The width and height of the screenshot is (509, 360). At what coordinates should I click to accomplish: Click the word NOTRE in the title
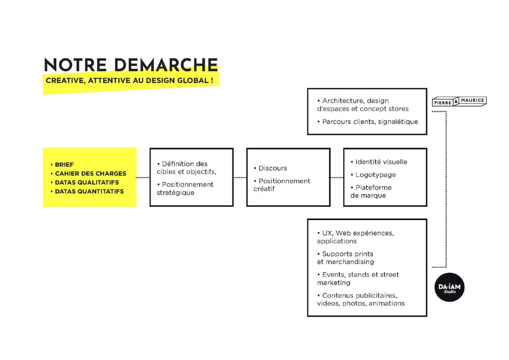tap(76, 65)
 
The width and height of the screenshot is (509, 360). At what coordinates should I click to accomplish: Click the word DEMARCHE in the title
tap(166, 65)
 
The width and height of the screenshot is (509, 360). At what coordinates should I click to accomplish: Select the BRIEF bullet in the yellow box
tap(64, 165)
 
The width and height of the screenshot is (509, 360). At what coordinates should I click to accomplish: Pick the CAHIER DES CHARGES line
tap(90, 173)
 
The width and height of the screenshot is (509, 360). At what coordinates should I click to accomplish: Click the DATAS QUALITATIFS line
tap(87, 182)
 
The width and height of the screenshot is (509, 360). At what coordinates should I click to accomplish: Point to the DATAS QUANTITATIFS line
tap(89, 192)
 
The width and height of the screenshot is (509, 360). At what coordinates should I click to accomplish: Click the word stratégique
tap(176, 193)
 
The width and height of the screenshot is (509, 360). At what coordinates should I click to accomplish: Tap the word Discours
tap(273, 168)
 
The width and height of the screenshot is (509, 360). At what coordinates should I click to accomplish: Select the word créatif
tap(264, 189)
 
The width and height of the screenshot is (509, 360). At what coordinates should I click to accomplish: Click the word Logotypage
tap(376, 175)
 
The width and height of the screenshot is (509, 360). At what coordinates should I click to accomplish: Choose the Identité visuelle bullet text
tap(381, 162)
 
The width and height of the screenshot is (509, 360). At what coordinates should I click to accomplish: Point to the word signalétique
tap(398, 122)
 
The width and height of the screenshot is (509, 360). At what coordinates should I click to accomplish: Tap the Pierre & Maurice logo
tap(459, 101)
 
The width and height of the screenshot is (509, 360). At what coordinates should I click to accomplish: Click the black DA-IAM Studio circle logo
tap(449, 287)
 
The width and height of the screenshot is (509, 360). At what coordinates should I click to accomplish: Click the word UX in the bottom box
tap(327, 233)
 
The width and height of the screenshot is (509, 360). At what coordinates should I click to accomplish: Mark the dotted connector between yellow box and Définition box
tap(143, 177)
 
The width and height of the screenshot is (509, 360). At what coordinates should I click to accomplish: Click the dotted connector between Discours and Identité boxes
tap(337, 177)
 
